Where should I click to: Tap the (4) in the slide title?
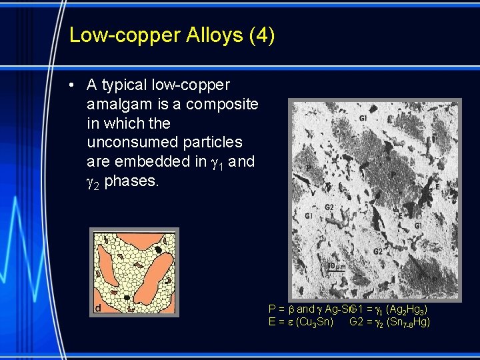pos(262,35)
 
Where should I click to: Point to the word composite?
pos(223,105)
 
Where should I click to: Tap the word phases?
pos(132,181)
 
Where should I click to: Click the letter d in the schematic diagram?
pos(97,307)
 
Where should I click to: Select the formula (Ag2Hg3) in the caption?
pos(407,310)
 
